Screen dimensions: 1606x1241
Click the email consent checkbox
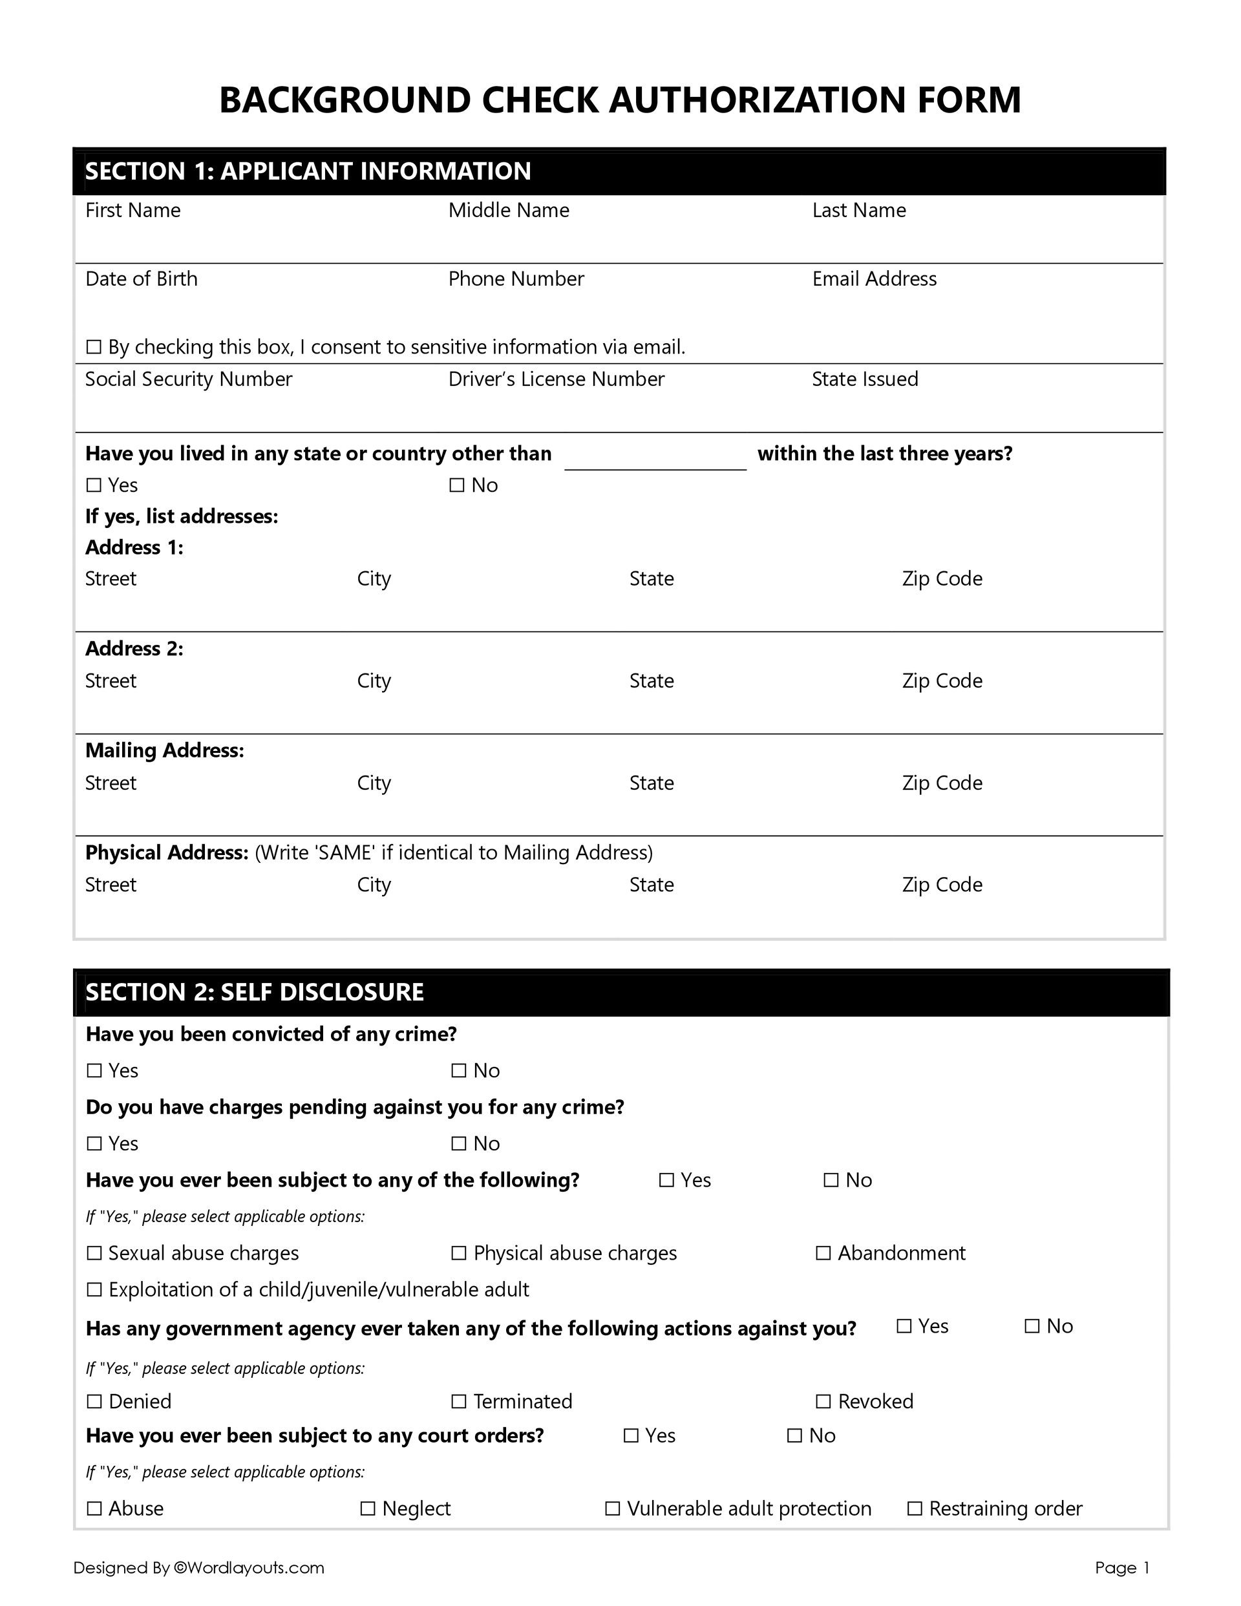coord(94,347)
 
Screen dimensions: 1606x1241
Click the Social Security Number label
coord(188,379)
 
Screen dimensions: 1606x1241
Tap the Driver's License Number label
coord(556,379)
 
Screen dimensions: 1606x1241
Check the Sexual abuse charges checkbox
coord(94,1253)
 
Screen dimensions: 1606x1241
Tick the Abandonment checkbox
coord(823,1253)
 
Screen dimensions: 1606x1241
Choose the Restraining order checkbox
coord(915,1509)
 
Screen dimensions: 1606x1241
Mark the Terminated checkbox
coord(458,1402)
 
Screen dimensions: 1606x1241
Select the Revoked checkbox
coord(823,1402)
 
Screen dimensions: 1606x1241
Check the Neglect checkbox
coord(368,1509)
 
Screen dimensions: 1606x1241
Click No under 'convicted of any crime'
coord(458,1071)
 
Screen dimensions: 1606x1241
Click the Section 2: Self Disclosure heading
coord(255,992)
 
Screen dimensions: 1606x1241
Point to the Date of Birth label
coord(142,279)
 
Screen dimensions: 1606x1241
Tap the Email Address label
coord(874,279)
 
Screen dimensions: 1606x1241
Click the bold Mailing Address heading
coord(165,751)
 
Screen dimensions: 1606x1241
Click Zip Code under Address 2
coord(942,681)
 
